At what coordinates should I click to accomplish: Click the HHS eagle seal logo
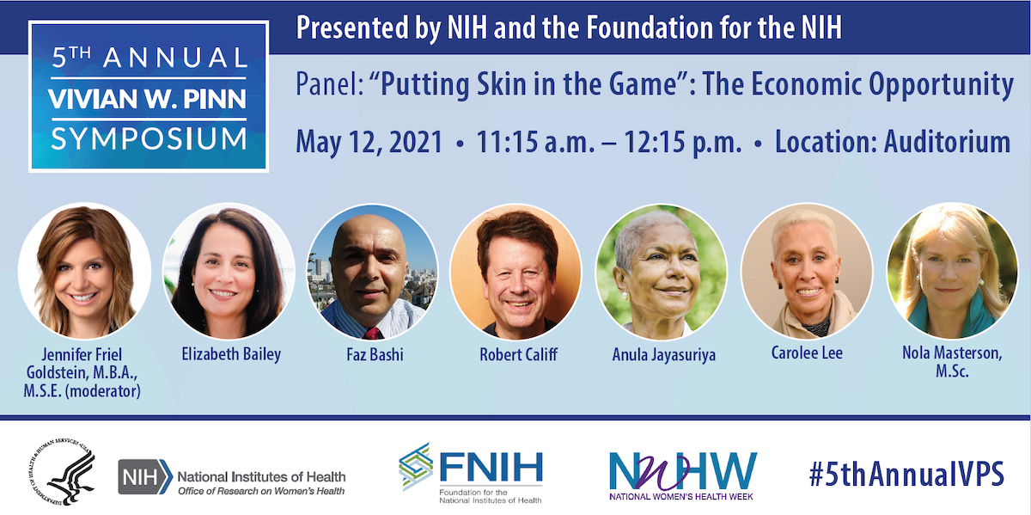(x=62, y=472)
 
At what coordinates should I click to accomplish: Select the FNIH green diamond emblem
(x=415, y=466)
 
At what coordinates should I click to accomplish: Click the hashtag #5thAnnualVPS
(x=906, y=474)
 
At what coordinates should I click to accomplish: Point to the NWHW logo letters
(x=683, y=471)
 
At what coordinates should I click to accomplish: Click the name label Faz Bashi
(x=375, y=355)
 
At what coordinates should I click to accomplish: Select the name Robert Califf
(x=518, y=355)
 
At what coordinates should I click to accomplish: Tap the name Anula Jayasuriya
(x=663, y=356)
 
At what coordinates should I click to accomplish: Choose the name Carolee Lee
(x=807, y=353)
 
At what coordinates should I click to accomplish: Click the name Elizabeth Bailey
(x=231, y=355)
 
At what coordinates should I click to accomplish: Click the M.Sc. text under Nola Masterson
(x=952, y=371)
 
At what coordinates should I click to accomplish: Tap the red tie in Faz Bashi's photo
(x=372, y=334)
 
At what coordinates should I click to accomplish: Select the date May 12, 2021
(x=369, y=142)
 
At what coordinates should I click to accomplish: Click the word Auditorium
(x=947, y=141)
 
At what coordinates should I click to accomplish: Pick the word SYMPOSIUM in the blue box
(x=149, y=139)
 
